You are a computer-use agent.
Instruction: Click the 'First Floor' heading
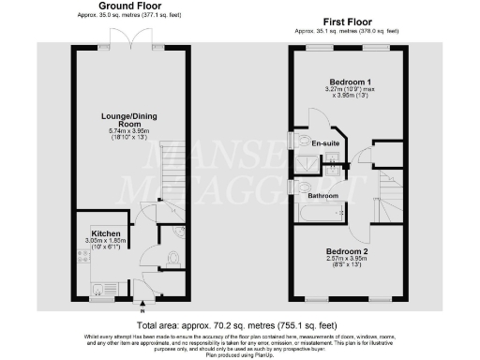click(346, 20)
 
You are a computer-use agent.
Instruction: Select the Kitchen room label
click(104, 232)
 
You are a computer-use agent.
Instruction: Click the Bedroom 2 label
click(346, 251)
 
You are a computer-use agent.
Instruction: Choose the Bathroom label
click(323, 195)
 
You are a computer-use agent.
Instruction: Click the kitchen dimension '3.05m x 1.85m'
click(104, 241)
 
